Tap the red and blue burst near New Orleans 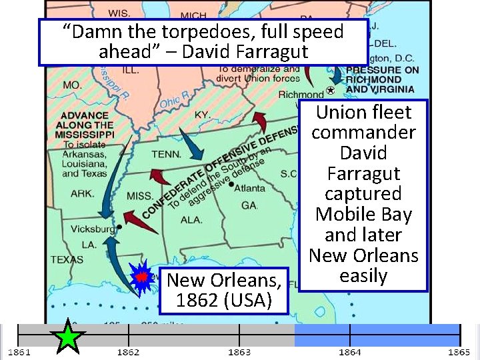click(x=141, y=277)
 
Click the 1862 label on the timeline click(x=128, y=352)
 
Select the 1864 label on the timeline click(x=349, y=352)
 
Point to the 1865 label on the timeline click(x=459, y=352)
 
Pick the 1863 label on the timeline click(x=239, y=352)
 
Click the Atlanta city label click(x=249, y=188)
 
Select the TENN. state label click(x=167, y=154)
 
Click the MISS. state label click(x=139, y=195)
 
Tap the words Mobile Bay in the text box click(x=363, y=214)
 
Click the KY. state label click(x=202, y=115)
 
